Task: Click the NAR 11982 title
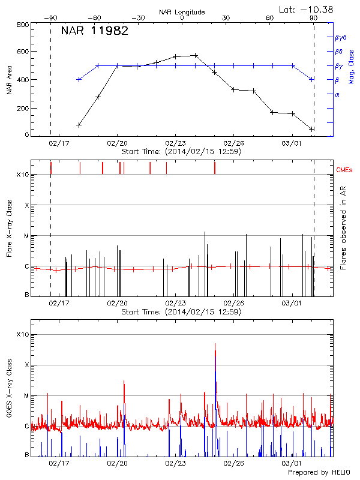coord(95,32)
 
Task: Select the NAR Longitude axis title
coord(182,11)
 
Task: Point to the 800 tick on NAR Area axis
coord(23,25)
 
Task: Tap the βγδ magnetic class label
coord(341,37)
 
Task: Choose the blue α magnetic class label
coord(337,94)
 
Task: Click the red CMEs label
coord(346,171)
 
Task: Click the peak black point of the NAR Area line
coord(195,55)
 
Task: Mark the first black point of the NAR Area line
coord(79,125)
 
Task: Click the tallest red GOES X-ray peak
coord(215,344)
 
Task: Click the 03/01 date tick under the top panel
coord(292,144)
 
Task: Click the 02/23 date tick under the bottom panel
coord(175,463)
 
